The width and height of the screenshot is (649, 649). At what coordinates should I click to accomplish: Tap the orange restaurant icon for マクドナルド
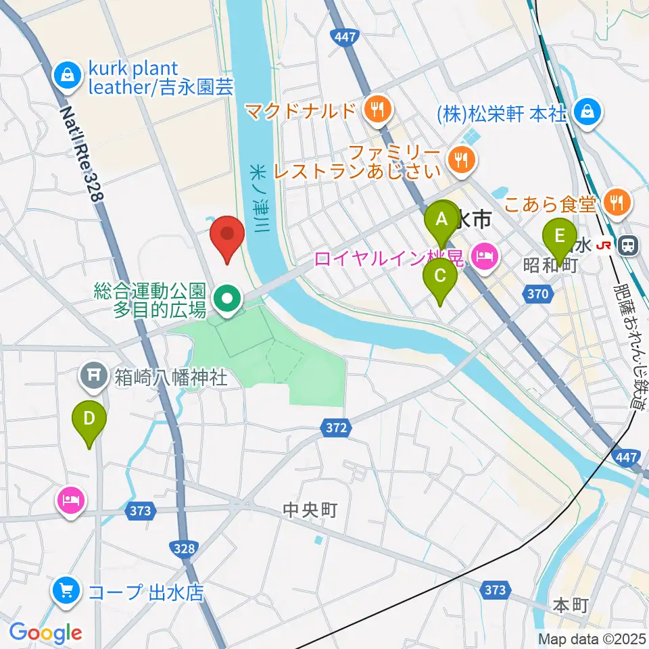pos(377,109)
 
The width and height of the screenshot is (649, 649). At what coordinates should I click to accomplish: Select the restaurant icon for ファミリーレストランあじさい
pos(463,160)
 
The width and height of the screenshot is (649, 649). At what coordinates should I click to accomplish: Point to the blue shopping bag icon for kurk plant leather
pos(68,77)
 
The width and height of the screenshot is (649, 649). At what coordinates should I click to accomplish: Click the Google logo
pos(45,633)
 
